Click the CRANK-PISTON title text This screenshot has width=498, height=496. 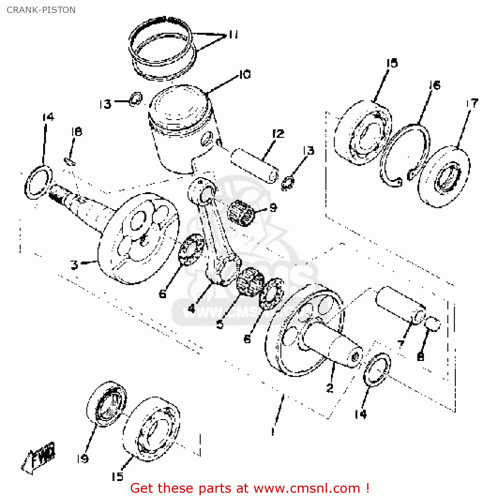point(41,10)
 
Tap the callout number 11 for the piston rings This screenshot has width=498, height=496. point(233,35)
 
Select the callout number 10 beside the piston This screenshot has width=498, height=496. point(245,75)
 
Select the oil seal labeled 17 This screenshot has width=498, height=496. point(444,177)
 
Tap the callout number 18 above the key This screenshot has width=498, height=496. point(76,132)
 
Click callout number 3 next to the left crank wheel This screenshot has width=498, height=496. point(74,265)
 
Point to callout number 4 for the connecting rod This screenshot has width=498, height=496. point(192,309)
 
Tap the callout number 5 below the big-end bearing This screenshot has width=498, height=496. point(220,324)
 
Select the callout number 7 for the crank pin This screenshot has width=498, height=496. point(401,344)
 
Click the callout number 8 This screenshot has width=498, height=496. point(420,357)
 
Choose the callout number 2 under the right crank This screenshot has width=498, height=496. point(330,388)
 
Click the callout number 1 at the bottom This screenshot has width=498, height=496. point(273,431)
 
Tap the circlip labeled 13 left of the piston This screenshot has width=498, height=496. point(135,99)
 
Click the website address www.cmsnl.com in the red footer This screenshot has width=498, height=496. point(307,488)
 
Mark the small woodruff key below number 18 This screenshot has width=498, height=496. point(70,161)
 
